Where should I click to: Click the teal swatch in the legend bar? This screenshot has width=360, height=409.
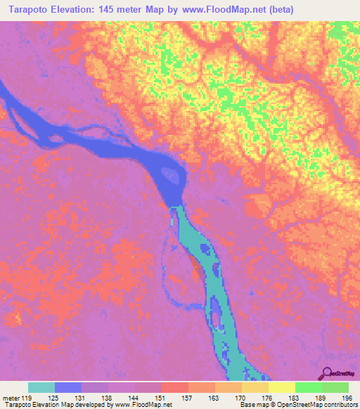[41, 387]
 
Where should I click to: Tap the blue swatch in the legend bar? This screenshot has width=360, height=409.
[68, 387]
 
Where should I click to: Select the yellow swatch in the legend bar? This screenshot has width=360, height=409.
[281, 387]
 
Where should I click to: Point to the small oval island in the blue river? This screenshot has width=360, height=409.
[169, 174]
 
